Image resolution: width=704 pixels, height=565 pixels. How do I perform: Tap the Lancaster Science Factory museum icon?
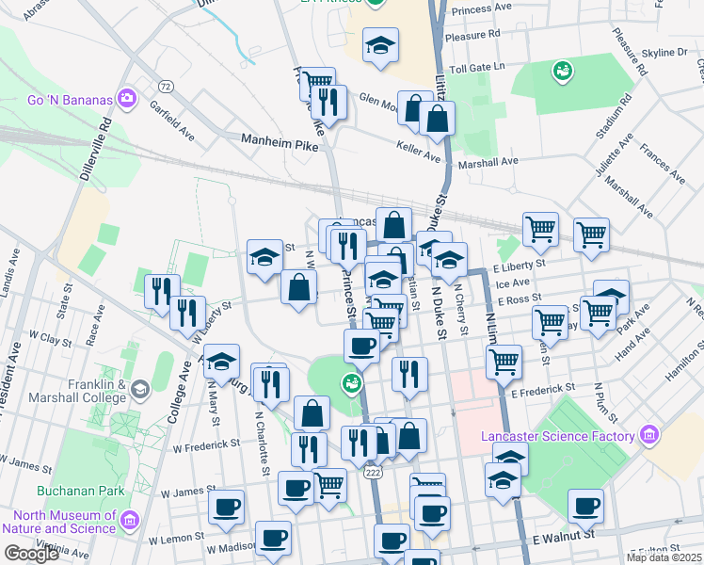(x=648, y=434)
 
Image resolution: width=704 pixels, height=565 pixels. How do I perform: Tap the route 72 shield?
(x=166, y=87)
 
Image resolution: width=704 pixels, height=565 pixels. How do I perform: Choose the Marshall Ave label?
(x=488, y=161)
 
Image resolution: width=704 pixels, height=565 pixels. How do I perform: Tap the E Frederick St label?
(x=542, y=387)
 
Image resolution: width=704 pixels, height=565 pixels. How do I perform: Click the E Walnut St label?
(x=564, y=535)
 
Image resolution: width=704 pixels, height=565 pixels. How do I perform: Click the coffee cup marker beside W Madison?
(x=274, y=538)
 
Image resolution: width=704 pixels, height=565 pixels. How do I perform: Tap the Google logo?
(x=31, y=554)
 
